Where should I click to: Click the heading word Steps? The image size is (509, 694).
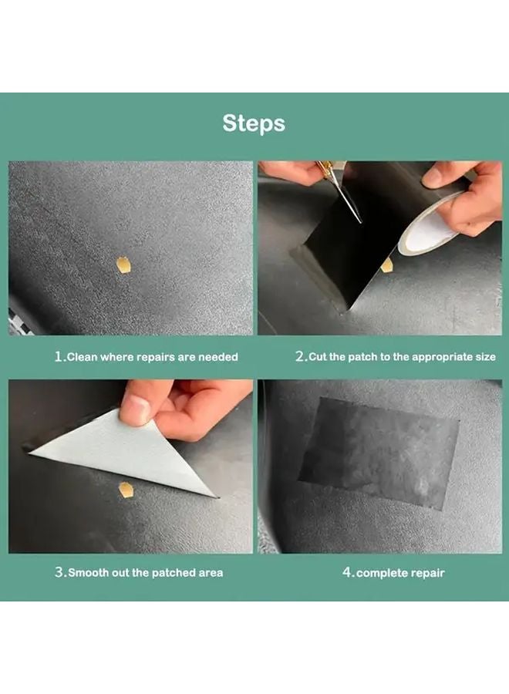tap(254, 123)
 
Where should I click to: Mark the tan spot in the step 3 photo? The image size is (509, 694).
tap(126, 489)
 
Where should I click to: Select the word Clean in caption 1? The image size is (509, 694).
tap(83, 357)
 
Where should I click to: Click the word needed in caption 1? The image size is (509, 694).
tap(219, 357)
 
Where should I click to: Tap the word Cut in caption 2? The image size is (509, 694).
tap(318, 357)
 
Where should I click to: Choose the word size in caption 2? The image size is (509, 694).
tap(480, 357)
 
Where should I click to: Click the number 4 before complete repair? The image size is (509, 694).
tap(346, 573)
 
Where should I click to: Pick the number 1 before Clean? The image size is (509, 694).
tap(58, 357)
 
